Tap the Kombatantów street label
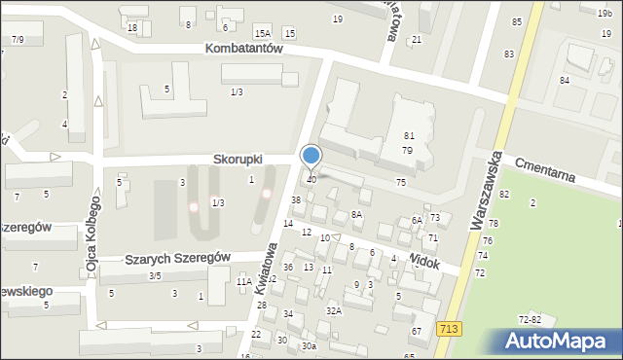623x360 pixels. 244,48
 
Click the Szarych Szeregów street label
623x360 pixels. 177,258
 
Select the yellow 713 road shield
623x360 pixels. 449,331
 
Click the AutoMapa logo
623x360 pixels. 562,342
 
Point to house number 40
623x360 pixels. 311,180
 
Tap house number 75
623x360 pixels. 401,183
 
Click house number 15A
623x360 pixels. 263,33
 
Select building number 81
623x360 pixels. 409,136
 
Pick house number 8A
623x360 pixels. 356,214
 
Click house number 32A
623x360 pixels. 334,311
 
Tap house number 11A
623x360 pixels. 244,282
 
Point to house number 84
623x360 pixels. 564,80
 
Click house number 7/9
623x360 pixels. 18,39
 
